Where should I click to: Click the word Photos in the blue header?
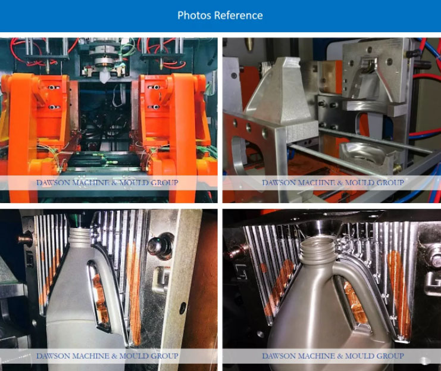click(x=194, y=15)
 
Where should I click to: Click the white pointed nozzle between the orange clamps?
click(x=104, y=77)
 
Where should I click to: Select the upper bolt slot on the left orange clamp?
click(x=54, y=88)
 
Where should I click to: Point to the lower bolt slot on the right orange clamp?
click(x=154, y=107)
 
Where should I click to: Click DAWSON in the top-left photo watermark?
click(x=53, y=183)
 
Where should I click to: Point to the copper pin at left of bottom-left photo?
click(x=25, y=239)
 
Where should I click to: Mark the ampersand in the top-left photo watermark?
click(x=114, y=183)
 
